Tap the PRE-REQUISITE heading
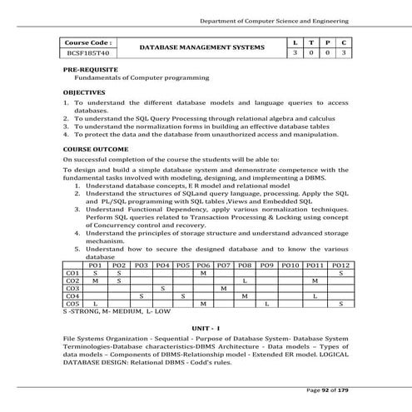click(x=91, y=69)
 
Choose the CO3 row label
click(x=72, y=287)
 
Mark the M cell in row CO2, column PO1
click(x=95, y=280)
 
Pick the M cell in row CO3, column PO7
click(x=223, y=287)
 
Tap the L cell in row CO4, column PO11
click(x=315, y=295)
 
